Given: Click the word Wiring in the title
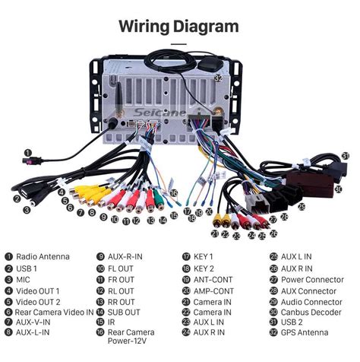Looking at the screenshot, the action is coord(144,27).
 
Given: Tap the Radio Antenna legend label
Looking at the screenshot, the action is coord(43,256).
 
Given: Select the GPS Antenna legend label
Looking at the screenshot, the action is coord(305,332).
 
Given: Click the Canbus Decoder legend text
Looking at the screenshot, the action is coord(311,313).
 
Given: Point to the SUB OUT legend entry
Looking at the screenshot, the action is coord(124,313).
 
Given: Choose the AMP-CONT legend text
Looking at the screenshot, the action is coord(213,291).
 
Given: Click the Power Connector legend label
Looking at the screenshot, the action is coord(312,280).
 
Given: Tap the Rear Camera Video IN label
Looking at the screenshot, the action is coord(54,313).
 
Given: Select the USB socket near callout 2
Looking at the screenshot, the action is coord(25,193).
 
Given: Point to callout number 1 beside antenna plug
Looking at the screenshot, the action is coord(28,153).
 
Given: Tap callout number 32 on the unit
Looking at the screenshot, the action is coord(218,78).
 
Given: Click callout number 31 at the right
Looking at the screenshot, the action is coord(346,156).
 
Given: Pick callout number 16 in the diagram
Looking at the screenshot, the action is coord(174,193).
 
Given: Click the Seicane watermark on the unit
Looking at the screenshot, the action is coord(159,113).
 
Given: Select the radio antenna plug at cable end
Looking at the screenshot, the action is coord(32,160).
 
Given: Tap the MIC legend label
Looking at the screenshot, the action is coord(23,280).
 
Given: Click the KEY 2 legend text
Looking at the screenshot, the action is coord(204,268).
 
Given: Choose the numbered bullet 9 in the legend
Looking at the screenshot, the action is coord(100,256).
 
